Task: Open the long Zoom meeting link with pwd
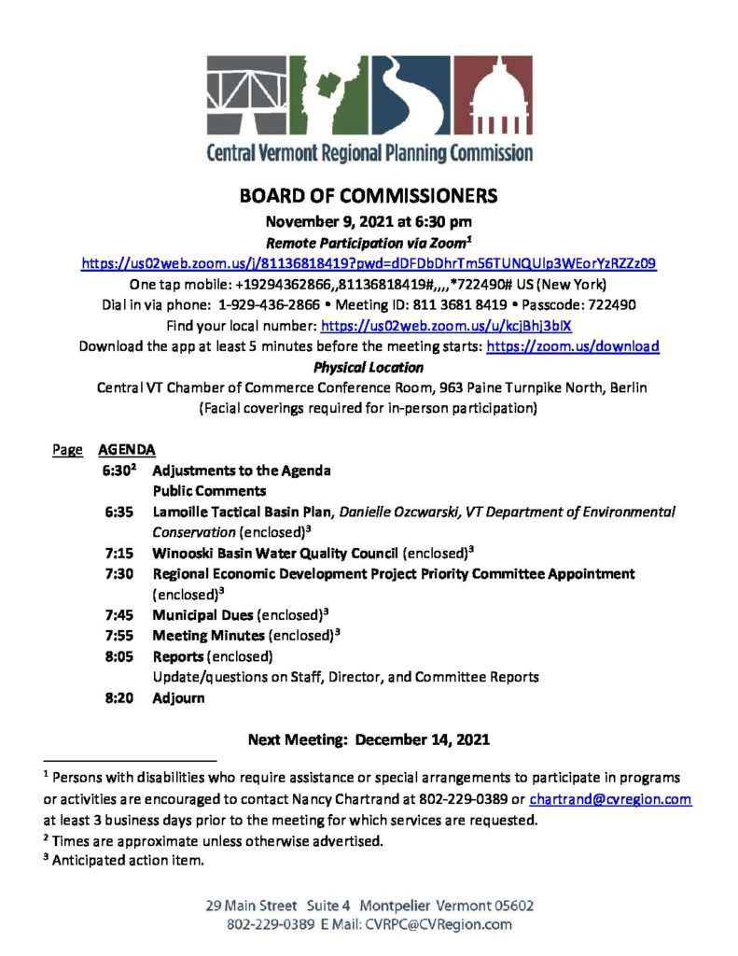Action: (369, 264)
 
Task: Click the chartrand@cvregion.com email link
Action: (610, 800)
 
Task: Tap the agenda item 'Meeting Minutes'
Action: (208, 635)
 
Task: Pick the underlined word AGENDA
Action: (120, 449)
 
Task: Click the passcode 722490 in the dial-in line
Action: (611, 305)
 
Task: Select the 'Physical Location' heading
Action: (369, 367)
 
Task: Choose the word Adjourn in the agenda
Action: (178, 697)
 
